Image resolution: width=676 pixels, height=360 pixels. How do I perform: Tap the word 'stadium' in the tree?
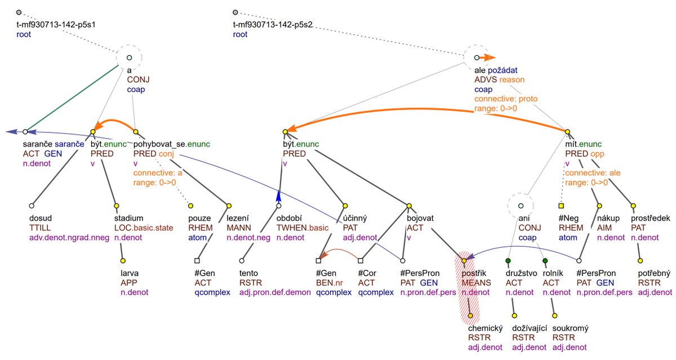point(128,218)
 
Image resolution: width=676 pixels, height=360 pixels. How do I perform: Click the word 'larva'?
point(130,273)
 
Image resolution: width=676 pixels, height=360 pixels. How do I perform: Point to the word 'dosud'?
point(41,218)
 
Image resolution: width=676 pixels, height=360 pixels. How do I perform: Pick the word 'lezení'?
point(239,218)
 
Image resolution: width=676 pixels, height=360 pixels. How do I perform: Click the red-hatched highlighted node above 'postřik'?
point(464,260)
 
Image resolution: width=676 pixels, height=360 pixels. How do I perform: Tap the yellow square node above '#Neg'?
point(561,206)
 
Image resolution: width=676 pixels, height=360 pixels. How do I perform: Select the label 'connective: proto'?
point(506,99)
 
